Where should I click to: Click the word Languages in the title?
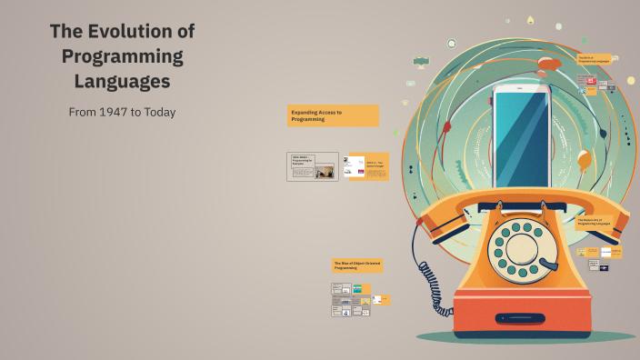(122, 81)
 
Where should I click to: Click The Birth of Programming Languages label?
(595, 58)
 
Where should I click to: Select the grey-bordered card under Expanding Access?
(312, 166)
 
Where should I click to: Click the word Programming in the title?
(122, 56)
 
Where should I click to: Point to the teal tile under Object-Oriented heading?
(357, 288)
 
